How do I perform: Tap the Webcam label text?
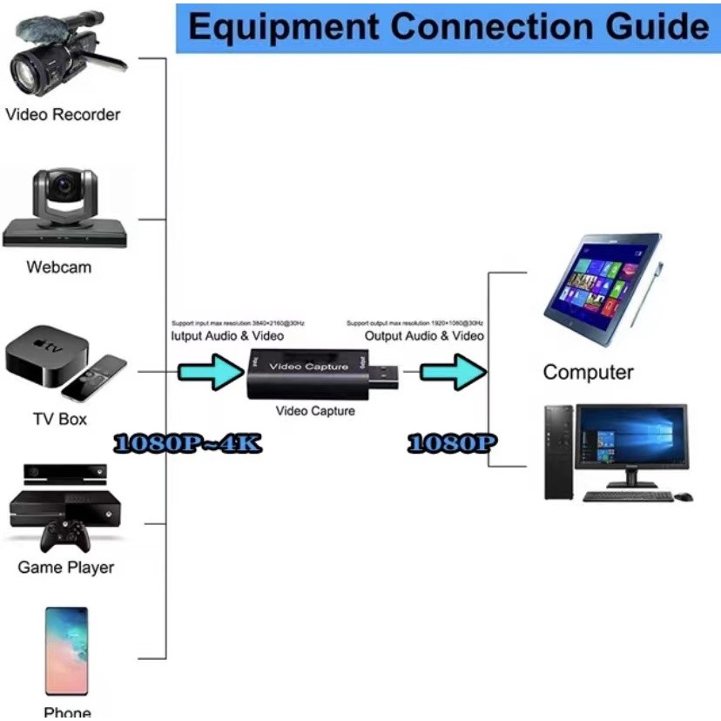[59, 267]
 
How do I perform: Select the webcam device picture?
[64, 209]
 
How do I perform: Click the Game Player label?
[66, 568]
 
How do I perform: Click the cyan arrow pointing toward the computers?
[451, 373]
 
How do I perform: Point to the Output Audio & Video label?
[424, 335]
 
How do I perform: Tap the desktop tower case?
[558, 452]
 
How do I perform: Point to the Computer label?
[588, 373]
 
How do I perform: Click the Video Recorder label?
[63, 114]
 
